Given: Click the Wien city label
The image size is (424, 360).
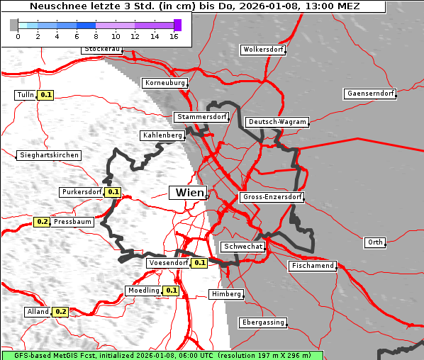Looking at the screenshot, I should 188,192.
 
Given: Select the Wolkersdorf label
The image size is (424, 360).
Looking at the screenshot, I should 263,50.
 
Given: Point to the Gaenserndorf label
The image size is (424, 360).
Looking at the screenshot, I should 369,94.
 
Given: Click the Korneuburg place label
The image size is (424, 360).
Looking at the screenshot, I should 165,83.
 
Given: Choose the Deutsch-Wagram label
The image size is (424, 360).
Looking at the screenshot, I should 277,122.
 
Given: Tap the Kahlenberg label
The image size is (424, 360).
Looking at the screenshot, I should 163,135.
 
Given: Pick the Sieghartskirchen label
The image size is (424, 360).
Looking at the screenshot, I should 49,154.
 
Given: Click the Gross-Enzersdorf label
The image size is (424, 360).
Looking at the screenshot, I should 272,197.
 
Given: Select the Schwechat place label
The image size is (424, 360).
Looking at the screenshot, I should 243,246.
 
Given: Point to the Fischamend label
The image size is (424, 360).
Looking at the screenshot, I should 312,266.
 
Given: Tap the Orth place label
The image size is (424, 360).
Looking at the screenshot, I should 375,242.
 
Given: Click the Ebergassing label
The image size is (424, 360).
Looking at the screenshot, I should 263,322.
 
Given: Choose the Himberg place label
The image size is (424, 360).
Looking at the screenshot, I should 226,294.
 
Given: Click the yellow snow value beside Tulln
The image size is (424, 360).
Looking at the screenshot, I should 46,94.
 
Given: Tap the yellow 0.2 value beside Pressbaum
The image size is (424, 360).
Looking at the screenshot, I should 42,222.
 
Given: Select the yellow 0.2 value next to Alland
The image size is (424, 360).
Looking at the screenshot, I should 60,311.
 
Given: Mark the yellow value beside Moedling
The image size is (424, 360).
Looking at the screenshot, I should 171,291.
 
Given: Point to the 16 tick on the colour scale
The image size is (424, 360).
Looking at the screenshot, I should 174,35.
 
